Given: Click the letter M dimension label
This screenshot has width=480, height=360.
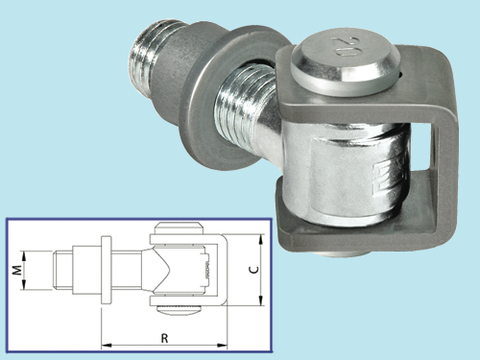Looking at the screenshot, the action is [x=18, y=270].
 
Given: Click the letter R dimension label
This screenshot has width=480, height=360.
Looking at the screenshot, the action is [x=164, y=338].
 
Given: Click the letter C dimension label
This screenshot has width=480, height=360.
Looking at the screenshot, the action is [x=254, y=270].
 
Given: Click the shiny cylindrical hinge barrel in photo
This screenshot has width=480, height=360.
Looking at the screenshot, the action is [x=346, y=170].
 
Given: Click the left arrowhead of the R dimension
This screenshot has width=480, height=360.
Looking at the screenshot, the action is [x=107, y=346].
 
